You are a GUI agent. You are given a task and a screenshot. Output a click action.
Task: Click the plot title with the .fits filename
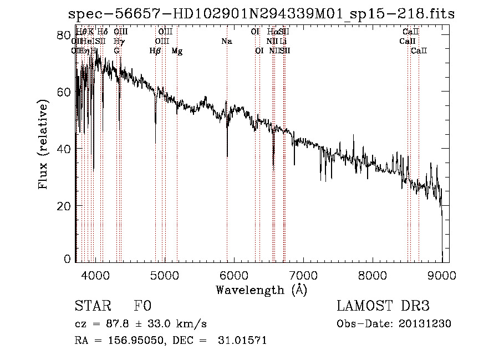pos(261,14)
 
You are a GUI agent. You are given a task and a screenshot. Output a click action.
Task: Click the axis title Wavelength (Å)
pos(261,290)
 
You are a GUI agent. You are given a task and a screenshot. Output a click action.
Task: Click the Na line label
pos(226,42)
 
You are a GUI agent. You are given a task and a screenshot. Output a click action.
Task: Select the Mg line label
pos(177,51)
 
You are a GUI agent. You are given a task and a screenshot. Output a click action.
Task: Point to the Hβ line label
pos(155,51)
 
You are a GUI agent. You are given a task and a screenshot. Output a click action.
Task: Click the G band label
pos(116,51)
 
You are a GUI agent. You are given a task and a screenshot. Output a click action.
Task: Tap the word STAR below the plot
pos(92,306)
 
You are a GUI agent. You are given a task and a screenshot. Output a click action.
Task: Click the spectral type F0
pos(142,306)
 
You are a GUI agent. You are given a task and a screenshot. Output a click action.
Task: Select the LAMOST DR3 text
pos(383,306)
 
